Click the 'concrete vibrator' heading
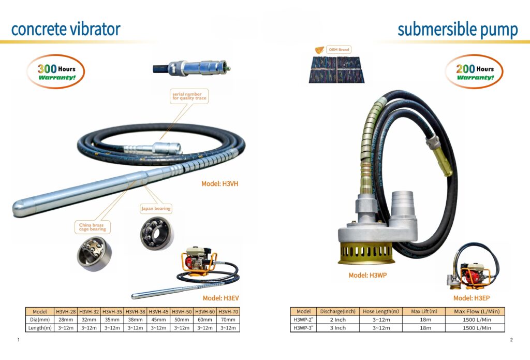66,29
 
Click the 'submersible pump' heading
458,30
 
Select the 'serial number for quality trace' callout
189,96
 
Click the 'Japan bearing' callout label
156,208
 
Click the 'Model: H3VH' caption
219,183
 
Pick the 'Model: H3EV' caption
220,298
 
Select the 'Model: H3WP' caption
367,275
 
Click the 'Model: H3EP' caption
472,298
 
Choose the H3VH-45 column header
158,311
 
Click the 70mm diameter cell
228,320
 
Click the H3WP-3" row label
303,328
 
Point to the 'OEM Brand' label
340,50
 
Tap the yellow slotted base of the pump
366,253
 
